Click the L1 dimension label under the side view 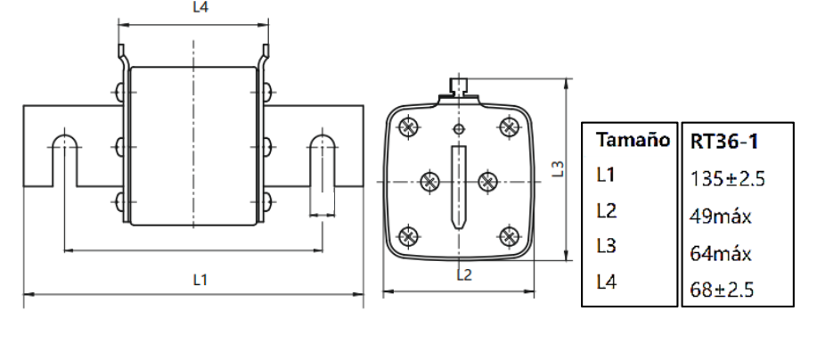(201, 280)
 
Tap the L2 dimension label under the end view (463, 274)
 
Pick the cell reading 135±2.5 (729, 179)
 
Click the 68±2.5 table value (723, 290)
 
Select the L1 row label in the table (606, 176)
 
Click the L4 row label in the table (606, 282)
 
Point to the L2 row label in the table (606, 211)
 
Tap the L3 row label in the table (606, 247)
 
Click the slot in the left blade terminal (63, 160)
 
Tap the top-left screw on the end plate (409, 127)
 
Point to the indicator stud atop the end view (459, 87)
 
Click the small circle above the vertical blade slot (459, 130)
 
